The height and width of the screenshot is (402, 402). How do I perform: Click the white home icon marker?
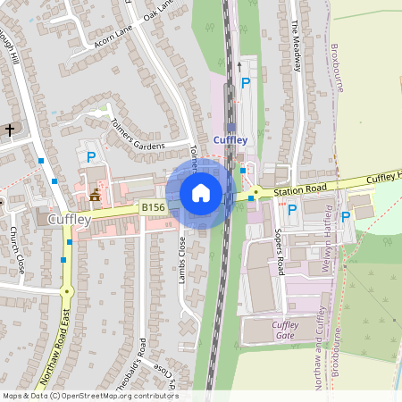201,193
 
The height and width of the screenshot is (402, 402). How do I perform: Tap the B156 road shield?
154,207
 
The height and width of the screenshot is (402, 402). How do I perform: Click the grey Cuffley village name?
70,219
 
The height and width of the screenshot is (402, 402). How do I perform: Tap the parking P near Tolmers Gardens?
91,157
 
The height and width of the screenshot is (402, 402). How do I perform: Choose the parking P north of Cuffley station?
246,83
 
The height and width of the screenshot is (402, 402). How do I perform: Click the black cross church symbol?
10,130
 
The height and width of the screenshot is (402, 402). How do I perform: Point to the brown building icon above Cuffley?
96,193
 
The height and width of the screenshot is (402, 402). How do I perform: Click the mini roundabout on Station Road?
255,191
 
